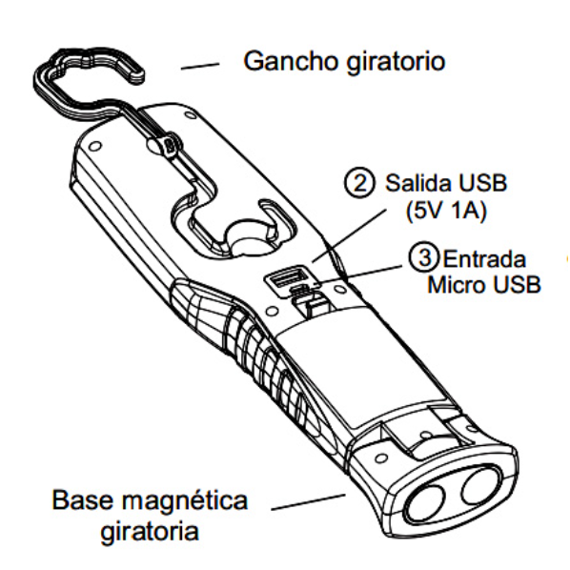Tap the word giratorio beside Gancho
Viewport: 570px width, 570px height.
(396, 63)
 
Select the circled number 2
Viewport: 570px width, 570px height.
(359, 183)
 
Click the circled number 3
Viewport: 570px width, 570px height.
(424, 257)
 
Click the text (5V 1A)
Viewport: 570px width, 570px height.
(446, 211)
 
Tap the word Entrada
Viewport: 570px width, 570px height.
(484, 259)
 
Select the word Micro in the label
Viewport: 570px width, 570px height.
(457, 284)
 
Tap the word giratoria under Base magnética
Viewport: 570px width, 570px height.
(150, 533)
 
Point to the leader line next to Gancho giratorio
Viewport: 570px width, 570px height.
(200, 66)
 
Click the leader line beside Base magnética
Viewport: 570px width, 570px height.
(308, 501)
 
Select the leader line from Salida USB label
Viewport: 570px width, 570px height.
(349, 235)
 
